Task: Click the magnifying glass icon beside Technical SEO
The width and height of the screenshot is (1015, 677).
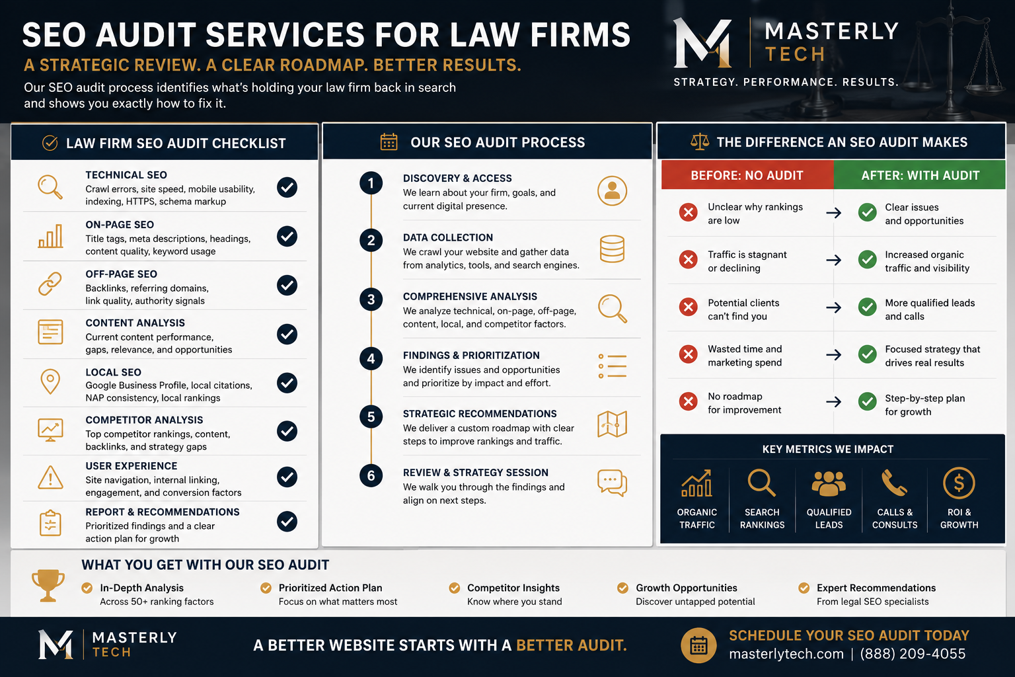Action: tap(50, 187)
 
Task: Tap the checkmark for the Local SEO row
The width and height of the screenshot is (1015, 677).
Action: tap(287, 383)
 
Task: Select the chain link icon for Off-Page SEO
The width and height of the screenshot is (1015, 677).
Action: tap(50, 284)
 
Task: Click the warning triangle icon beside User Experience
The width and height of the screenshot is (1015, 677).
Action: tap(50, 477)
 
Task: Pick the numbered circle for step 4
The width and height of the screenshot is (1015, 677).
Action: tap(371, 359)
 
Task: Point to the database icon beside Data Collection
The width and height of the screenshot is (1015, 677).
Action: tap(612, 249)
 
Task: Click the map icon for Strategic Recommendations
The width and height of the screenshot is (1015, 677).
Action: tap(612, 424)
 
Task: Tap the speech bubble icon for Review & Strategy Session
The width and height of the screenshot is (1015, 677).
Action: tap(612, 483)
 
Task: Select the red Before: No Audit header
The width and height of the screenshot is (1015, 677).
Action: tap(747, 175)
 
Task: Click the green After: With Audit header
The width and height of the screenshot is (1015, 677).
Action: tap(920, 175)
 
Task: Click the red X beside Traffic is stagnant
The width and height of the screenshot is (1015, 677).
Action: tap(688, 260)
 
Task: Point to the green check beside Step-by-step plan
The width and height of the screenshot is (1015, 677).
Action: tap(867, 401)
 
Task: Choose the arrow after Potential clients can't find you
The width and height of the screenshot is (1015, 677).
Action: tap(833, 308)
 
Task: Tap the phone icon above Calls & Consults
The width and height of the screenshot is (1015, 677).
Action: tap(894, 483)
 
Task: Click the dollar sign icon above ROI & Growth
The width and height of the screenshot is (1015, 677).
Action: tap(959, 483)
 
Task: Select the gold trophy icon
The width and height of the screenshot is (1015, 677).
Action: tap(48, 585)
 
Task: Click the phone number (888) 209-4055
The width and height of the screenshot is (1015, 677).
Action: tap(913, 654)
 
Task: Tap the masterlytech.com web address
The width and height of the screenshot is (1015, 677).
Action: tap(786, 654)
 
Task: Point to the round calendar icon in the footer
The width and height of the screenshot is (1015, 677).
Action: tap(698, 645)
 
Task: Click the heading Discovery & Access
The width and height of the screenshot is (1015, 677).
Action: tap(457, 179)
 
